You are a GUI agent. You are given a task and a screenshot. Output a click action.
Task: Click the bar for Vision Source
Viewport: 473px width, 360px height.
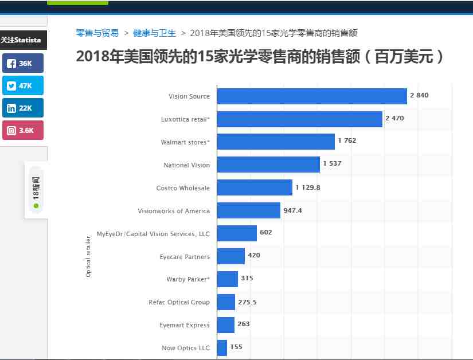click(312, 96)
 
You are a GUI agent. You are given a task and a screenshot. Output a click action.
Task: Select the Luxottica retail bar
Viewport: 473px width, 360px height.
click(299, 119)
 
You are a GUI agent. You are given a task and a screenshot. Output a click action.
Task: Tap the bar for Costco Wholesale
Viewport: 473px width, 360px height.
click(255, 187)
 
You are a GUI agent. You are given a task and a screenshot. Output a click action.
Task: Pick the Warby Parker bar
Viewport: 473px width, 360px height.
click(227, 279)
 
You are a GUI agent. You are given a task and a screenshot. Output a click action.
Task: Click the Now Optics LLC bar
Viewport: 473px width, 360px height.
click(222, 347)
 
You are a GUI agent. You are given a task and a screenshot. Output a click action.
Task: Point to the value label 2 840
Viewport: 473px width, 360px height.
click(419, 95)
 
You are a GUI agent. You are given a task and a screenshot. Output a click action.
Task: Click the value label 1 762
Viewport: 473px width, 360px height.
click(347, 141)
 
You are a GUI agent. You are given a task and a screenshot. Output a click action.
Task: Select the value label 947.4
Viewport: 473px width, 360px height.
click(292, 210)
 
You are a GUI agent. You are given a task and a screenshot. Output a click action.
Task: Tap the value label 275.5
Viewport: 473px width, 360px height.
click(247, 302)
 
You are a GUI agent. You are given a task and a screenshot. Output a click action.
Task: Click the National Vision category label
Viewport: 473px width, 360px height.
click(186, 165)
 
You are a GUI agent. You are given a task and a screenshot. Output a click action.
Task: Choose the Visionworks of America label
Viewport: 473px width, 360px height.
click(174, 211)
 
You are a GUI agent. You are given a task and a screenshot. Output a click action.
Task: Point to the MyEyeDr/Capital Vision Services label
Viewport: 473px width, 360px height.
click(153, 234)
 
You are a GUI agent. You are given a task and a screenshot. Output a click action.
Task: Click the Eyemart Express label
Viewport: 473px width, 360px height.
click(185, 325)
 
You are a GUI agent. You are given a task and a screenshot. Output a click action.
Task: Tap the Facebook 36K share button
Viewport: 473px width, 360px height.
click(22, 63)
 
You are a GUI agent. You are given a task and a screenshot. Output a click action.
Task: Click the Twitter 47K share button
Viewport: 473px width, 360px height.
click(22, 85)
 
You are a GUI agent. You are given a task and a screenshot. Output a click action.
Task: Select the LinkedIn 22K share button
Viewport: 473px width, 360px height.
click(22, 108)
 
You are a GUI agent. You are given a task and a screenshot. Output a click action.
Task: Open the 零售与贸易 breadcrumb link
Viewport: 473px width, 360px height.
click(97, 33)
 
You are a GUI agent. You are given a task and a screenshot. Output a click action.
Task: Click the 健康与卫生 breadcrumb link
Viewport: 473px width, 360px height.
click(154, 33)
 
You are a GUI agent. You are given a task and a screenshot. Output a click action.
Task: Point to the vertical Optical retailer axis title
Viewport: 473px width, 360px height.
click(88, 256)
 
